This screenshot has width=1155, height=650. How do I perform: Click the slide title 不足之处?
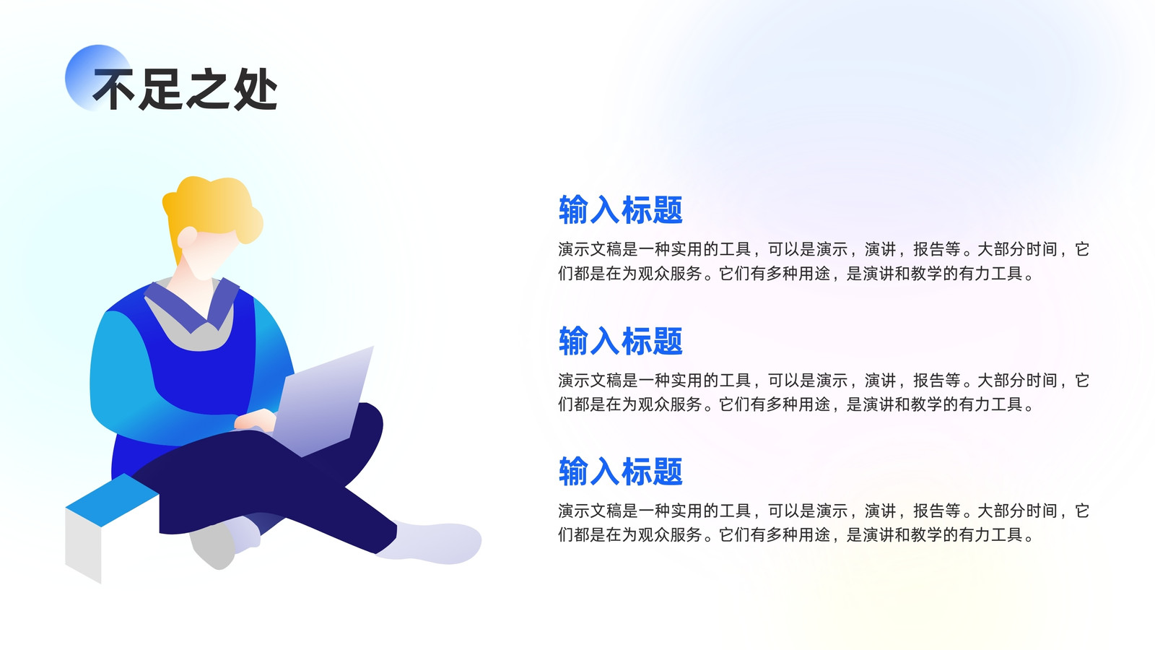pos(185,90)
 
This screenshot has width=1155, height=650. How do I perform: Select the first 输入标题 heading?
pos(620,210)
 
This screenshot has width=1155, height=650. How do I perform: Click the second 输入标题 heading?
pos(620,340)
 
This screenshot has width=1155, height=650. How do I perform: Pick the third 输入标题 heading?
pos(620,471)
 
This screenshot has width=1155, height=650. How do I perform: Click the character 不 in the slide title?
pos(115,90)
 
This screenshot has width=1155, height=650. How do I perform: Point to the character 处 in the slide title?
pos(256,90)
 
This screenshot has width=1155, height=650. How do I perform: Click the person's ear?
pos(187,237)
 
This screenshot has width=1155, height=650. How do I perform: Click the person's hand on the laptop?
pos(256,420)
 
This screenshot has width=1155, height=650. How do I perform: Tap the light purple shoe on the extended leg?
pos(432,542)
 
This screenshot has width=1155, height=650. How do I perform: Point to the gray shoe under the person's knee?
pos(212,547)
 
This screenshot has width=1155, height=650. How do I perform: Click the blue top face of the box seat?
pos(112,499)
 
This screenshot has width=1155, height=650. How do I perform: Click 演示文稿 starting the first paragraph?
pos(590,249)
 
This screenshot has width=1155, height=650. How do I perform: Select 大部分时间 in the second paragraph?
pos(1017,380)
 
